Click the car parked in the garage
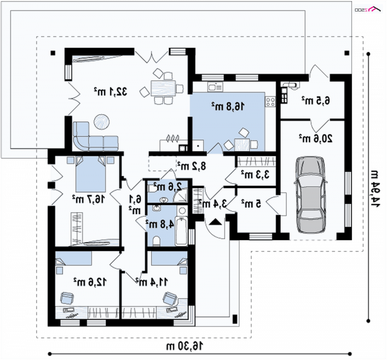pyautogui.click(x=311, y=195)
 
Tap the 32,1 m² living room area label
pyautogui.click(x=110, y=91)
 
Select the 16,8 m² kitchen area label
pyautogui.click(x=228, y=106)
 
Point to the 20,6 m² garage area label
pyautogui.click(x=316, y=138)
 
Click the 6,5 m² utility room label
pyautogui.click(x=316, y=101)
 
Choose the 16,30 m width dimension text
pyautogui.click(x=185, y=346)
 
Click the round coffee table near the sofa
pyautogui.click(x=102, y=122)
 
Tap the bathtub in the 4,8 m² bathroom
pyautogui.click(x=181, y=231)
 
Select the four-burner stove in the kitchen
pyautogui.click(x=270, y=102)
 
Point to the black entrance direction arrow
pyautogui.click(x=215, y=222)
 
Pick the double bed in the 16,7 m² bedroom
pyautogui.click(x=90, y=174)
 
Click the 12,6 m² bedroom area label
pyautogui.click(x=90, y=282)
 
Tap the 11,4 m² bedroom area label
pyautogui.click(x=152, y=282)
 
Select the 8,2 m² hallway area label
pyautogui.click(x=192, y=166)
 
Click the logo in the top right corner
pyautogui.click(x=368, y=9)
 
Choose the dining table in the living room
pyautogui.click(x=163, y=89)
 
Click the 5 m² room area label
pyautogui.click(x=251, y=203)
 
